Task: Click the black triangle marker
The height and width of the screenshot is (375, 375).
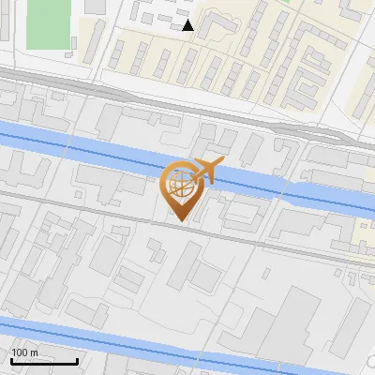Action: point(188,26)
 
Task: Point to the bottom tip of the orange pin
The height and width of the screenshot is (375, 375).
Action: point(179,222)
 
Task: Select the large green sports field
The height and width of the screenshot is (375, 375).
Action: point(49,23)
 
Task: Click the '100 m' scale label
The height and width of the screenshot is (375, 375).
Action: point(25,352)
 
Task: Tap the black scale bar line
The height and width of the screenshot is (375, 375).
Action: point(44,361)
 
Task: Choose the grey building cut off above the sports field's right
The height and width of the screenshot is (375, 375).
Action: point(96,6)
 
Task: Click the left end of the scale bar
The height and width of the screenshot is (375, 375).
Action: point(11,361)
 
